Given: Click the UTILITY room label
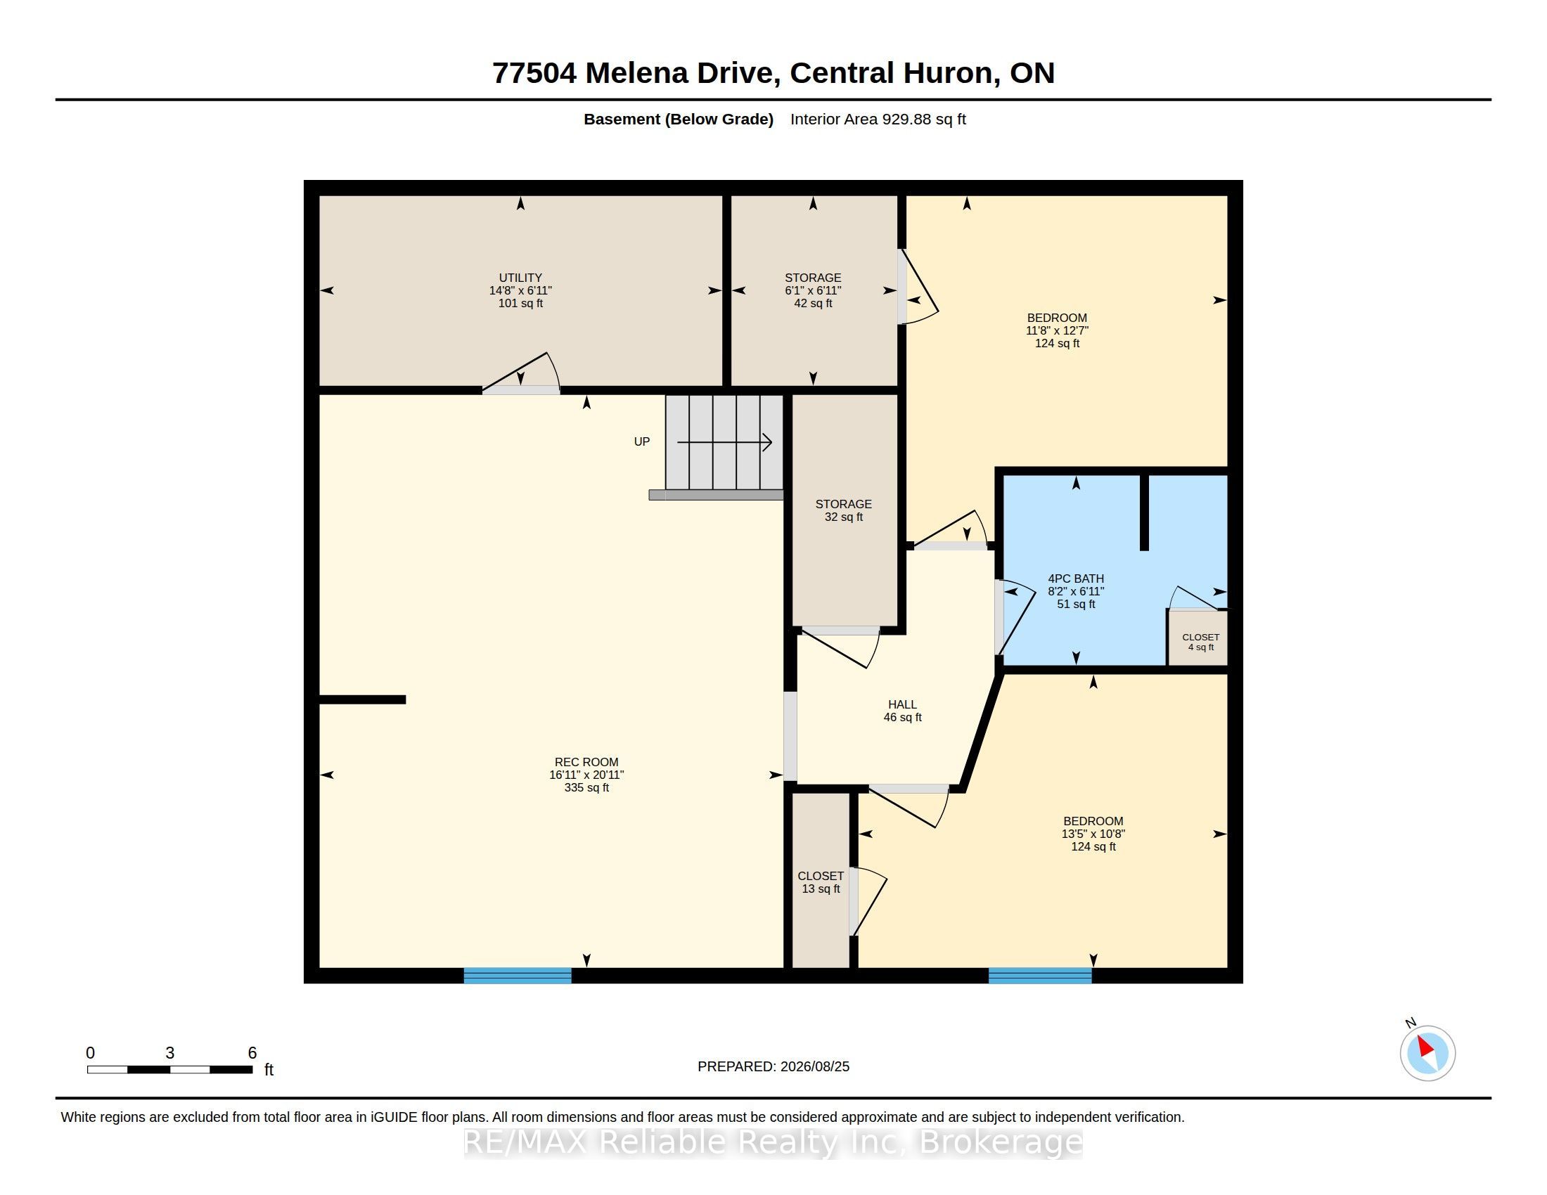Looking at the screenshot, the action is tap(520, 278).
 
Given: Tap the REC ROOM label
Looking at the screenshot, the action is tap(586, 762).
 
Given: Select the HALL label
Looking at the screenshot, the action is tap(902, 704).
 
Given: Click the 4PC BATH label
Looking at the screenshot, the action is tap(1076, 579).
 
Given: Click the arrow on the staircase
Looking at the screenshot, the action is tap(724, 442).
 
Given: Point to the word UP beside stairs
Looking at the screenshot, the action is tap(642, 441).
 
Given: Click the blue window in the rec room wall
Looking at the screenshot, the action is tap(518, 976).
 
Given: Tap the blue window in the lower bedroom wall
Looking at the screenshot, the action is tap(1040, 976).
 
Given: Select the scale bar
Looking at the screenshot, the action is tap(170, 1070).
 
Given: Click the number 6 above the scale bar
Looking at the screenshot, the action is tap(252, 1053).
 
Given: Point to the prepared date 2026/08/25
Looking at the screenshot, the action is tap(814, 1066).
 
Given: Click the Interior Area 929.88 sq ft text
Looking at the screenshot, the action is tap(878, 119).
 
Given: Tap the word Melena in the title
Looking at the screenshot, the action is tap(637, 73).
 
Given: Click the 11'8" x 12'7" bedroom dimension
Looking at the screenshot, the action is tap(1057, 330).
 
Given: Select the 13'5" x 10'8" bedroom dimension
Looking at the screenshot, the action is tap(1093, 834).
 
